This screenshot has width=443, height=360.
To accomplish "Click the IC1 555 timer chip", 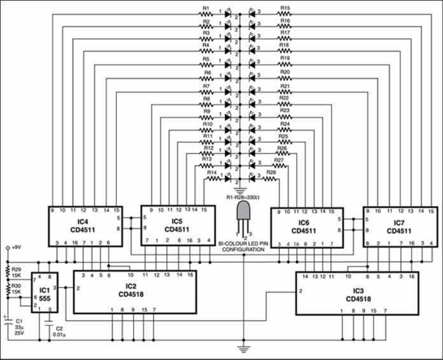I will [x=45, y=292].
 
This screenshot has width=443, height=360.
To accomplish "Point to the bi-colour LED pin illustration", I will [x=244, y=219].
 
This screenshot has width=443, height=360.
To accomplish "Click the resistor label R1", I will [x=205, y=8].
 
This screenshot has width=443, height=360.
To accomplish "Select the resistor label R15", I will [x=285, y=8].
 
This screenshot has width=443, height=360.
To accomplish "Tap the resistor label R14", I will [x=213, y=172].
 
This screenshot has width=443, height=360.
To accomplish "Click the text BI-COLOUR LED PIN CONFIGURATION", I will [x=243, y=247].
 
